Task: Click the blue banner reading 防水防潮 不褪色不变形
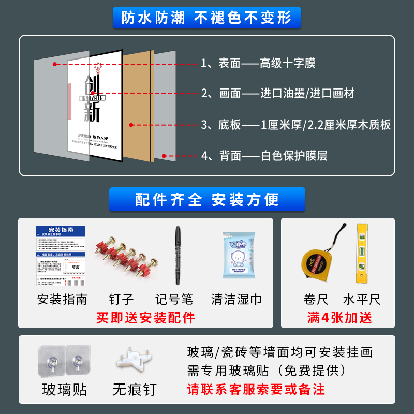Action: [206, 18]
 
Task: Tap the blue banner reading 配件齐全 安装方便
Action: [207, 199]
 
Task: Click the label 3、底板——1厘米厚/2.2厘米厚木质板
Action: [295, 125]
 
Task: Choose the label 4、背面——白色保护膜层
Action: [264, 155]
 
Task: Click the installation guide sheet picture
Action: [61, 256]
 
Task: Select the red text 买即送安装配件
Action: [146, 317]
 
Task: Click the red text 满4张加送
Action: [339, 317]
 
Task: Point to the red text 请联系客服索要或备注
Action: [256, 389]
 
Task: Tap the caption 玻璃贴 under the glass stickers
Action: [64, 389]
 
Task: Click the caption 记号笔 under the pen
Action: [174, 299]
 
